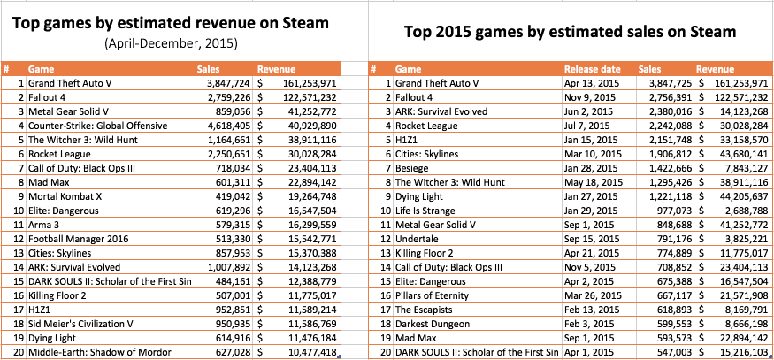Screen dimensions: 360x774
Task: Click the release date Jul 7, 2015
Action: pyautogui.click(x=589, y=126)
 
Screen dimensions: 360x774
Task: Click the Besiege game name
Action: pyautogui.click(x=413, y=168)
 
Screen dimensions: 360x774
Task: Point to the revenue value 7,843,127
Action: pyautogui.click(x=743, y=168)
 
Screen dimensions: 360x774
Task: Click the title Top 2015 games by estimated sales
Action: pyautogui.click(x=569, y=32)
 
